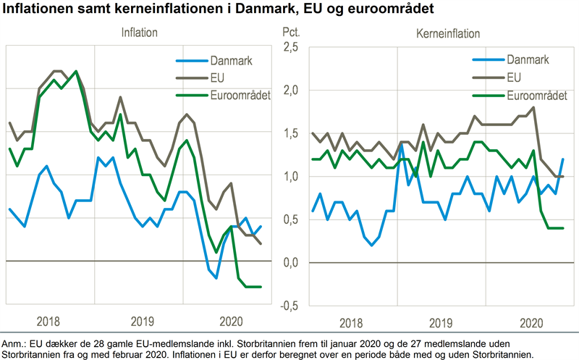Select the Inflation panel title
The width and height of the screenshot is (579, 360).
139,33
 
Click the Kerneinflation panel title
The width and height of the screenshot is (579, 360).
448,33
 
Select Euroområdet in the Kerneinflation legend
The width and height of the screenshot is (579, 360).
535,95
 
